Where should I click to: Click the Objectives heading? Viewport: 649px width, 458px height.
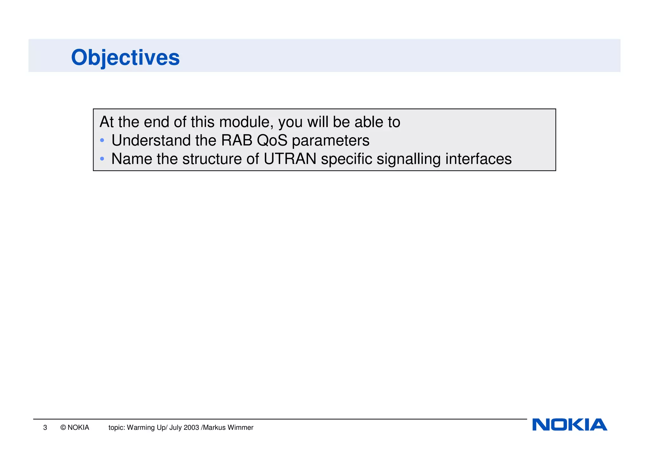(125, 58)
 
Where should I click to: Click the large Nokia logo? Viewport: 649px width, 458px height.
(569, 425)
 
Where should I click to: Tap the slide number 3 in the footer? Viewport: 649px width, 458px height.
(45, 428)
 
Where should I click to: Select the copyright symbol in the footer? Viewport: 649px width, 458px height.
(63, 428)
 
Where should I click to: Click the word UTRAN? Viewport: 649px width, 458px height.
(290, 159)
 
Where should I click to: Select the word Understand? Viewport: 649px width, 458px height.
(151, 141)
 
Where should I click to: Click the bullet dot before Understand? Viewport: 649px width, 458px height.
(102, 140)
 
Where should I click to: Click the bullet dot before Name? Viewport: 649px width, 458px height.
(102, 159)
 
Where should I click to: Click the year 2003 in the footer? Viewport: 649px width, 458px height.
(191, 428)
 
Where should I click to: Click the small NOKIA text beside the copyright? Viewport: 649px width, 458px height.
(78, 428)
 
